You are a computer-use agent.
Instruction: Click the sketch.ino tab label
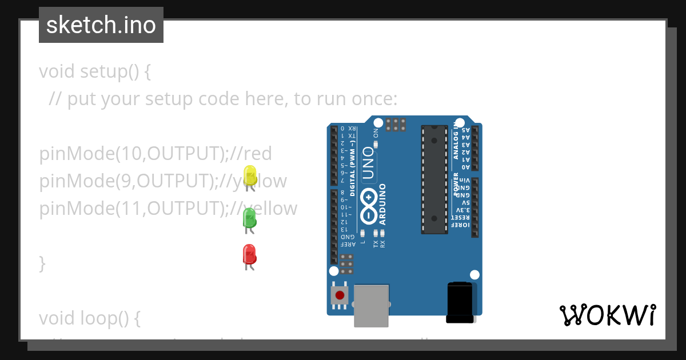point(101,25)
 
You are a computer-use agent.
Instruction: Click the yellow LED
point(250,174)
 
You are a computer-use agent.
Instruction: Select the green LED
point(249,218)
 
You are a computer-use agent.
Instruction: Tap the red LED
point(249,254)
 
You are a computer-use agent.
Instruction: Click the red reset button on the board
point(340,295)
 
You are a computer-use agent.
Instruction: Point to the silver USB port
point(371,305)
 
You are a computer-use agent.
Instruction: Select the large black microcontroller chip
point(434,179)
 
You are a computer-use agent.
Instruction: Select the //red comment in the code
point(251,154)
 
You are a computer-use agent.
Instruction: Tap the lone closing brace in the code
point(42,263)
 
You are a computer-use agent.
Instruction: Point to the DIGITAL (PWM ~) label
point(353,171)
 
